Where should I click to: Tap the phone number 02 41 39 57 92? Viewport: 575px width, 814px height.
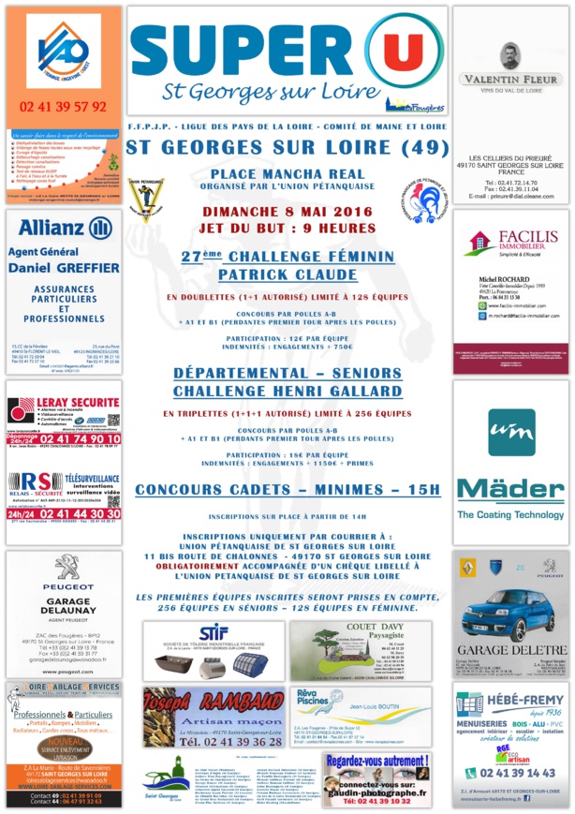[x=63, y=107]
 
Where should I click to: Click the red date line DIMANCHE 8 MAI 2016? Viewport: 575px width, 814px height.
[x=287, y=212]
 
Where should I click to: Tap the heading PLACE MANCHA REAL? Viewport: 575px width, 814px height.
[x=287, y=174]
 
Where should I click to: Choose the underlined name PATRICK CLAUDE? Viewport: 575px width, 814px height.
[x=287, y=274]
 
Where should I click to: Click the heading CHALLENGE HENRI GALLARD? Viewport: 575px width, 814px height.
[x=287, y=391]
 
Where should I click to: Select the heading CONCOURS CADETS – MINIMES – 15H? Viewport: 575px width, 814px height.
[x=287, y=489]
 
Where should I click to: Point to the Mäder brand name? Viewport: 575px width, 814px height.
[x=510, y=490]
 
